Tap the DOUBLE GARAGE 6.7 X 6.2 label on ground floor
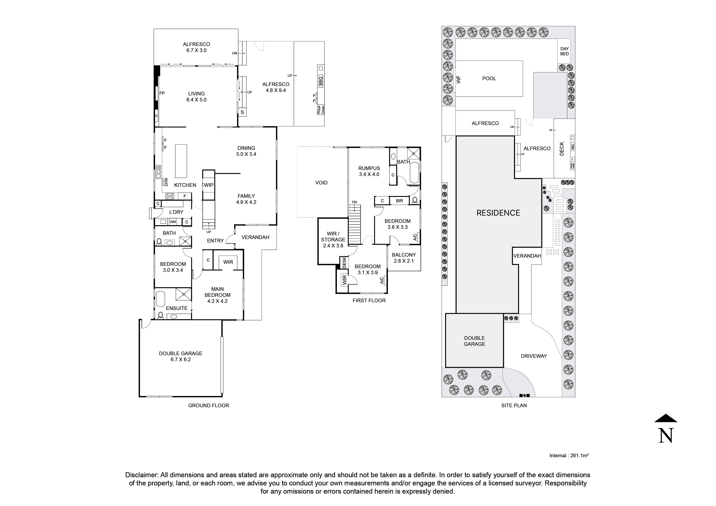tap(181, 356)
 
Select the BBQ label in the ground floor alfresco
tap(321, 81)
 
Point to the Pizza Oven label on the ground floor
tap(321, 110)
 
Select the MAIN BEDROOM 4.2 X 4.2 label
tap(217, 295)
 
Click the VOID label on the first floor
tap(321, 183)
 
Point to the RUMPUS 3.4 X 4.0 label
tap(369, 171)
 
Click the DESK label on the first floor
tap(344, 262)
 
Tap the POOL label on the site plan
tap(489, 79)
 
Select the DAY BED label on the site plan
tap(564, 51)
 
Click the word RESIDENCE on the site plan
tap(498, 213)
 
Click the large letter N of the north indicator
tap(666, 436)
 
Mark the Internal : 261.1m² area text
tap(569, 455)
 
